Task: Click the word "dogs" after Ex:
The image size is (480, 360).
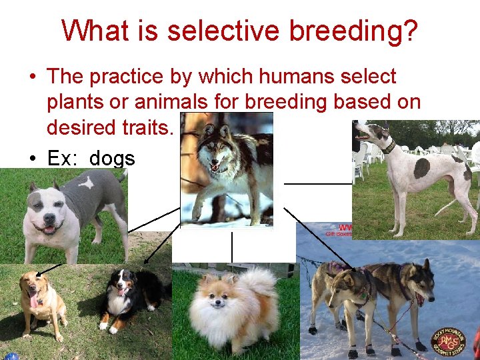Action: (x=112, y=158)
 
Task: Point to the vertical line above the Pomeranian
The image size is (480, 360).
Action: (x=231, y=247)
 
